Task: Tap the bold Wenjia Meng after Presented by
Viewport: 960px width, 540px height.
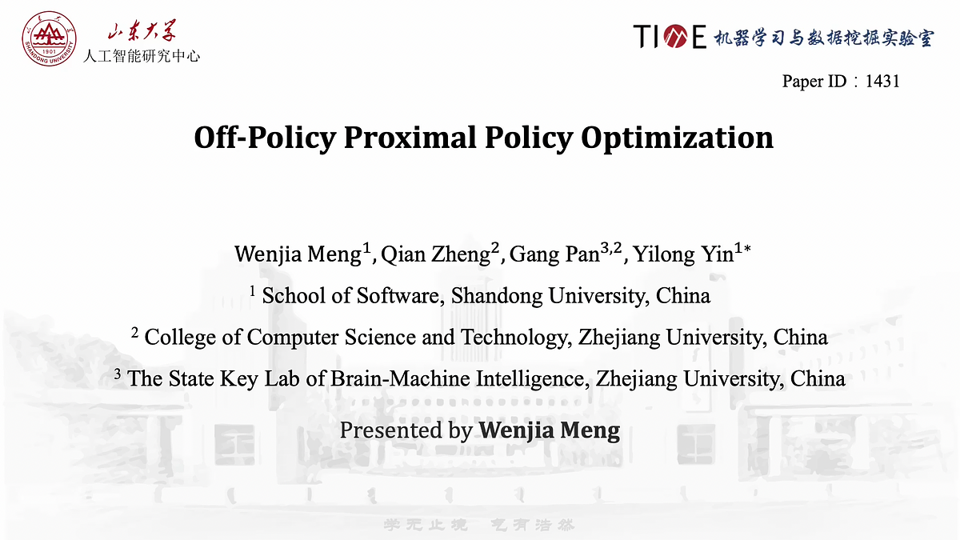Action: (550, 430)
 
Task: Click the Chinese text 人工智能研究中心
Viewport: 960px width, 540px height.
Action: (142, 56)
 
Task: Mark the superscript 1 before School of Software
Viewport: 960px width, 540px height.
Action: (253, 291)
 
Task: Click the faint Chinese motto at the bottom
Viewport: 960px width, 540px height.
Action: (480, 525)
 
